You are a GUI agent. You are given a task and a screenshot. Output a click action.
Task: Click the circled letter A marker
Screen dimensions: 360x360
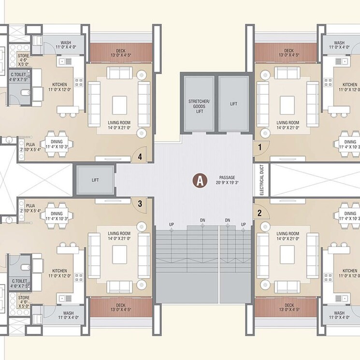click(x=199, y=181)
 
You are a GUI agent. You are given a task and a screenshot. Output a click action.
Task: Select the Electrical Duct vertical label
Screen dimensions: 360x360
click(x=261, y=180)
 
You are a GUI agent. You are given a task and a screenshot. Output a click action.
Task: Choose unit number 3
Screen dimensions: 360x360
click(x=140, y=203)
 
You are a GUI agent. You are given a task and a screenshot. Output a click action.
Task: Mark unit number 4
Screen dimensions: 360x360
click(x=140, y=156)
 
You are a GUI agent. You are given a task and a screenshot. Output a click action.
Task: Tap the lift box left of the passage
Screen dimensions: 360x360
click(x=95, y=179)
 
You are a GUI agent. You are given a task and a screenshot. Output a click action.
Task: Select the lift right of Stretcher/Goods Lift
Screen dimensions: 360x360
click(x=234, y=104)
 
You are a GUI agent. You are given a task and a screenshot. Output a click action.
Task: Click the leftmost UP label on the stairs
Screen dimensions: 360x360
click(x=172, y=224)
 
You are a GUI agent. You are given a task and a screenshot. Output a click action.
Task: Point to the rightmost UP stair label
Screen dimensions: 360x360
click(x=244, y=224)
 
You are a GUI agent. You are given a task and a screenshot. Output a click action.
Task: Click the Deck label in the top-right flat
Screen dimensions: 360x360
click(x=289, y=51)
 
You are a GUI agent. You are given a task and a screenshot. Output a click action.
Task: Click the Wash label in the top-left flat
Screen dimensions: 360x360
click(x=66, y=43)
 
